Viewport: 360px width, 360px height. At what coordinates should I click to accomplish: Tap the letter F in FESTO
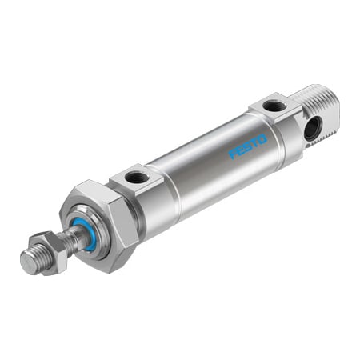pyautogui.click(x=234, y=154)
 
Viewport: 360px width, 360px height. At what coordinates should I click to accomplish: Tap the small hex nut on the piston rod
pyautogui.click(x=49, y=249)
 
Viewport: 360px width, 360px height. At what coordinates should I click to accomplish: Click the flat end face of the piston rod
pyautogui.click(x=26, y=265)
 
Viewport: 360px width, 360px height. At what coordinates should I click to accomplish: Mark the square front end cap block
pyautogui.click(x=140, y=192)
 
